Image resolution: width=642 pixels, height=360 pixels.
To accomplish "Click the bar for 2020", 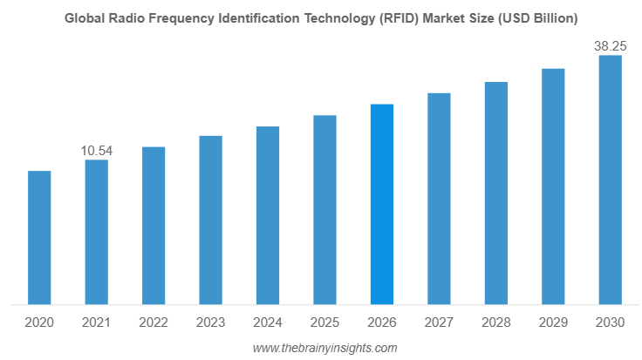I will pos(39,238).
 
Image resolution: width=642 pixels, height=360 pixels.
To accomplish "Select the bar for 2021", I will pos(96,233).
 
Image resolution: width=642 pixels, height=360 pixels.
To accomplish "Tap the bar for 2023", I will pos(210,221).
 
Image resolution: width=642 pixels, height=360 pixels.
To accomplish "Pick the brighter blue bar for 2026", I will pos(382,205).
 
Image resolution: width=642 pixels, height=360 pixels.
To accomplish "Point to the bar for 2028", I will pos(495,194).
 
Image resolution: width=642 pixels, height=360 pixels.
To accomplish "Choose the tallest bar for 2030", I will pos(610,180).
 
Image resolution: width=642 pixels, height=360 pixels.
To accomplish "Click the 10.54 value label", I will pos(97,151).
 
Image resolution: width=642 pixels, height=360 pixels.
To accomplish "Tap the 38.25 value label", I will pos(610,46).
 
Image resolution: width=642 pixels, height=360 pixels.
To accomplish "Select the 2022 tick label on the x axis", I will pos(154,323).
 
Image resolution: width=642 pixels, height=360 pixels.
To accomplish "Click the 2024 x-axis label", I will pos(268,323).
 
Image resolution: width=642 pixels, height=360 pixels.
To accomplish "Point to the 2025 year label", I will pos(324,323).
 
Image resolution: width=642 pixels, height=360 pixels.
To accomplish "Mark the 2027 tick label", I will pos(439,323).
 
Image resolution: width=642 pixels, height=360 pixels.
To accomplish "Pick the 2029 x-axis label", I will pos(553,323).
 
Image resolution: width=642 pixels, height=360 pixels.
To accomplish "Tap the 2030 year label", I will pos(610,323).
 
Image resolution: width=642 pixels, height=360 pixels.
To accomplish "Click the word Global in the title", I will pos(85,17).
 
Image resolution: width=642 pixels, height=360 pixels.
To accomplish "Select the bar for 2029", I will pos(553,187).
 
